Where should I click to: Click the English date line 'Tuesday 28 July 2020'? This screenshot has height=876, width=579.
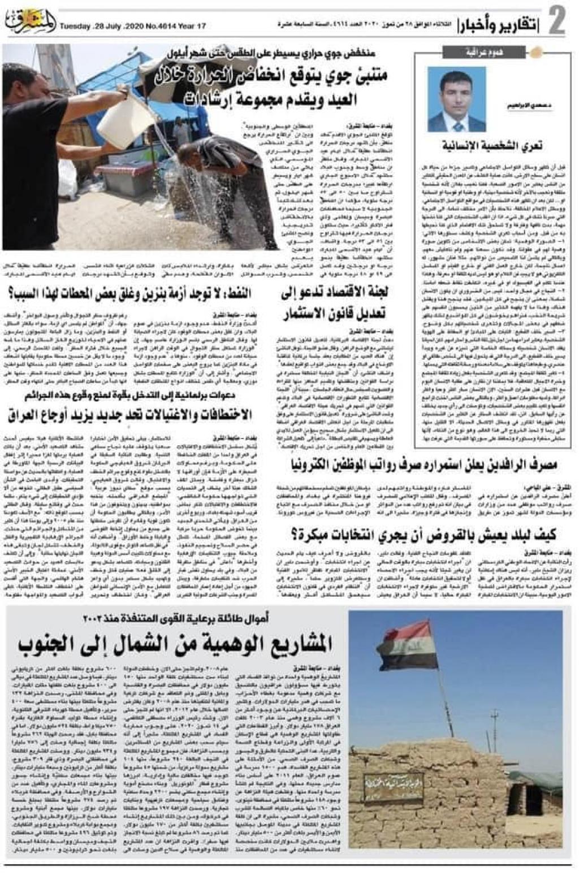click(x=133, y=26)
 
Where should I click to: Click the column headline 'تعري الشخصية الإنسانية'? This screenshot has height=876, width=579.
click(x=492, y=145)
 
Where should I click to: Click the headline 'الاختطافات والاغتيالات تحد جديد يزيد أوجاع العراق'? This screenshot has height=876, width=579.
click(x=130, y=415)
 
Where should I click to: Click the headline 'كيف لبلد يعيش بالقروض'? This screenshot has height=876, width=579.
click(x=424, y=534)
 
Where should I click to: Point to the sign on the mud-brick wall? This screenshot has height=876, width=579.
click(x=394, y=784)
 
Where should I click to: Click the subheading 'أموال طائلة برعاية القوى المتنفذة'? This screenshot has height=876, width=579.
click(x=176, y=618)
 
